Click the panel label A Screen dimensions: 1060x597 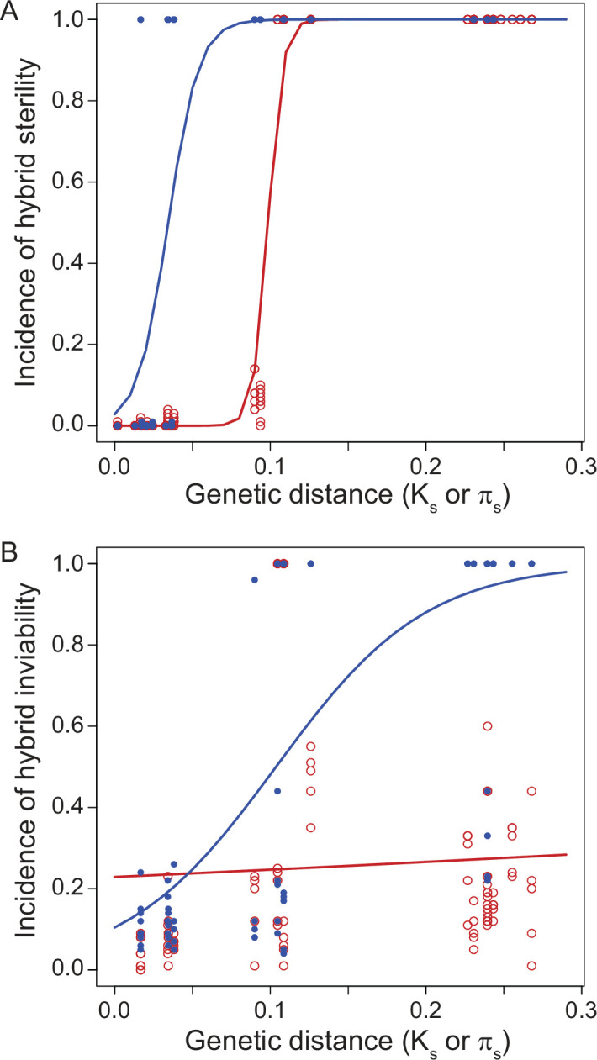[11, 11]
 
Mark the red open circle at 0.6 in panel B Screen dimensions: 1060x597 [487, 725]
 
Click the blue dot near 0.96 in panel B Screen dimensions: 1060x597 [255, 580]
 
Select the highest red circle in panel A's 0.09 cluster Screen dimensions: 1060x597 [255, 368]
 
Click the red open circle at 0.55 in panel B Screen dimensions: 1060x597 [310, 746]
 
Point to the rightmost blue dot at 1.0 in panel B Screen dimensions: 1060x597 [531, 563]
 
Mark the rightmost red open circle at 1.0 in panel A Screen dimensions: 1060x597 [531, 19]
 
